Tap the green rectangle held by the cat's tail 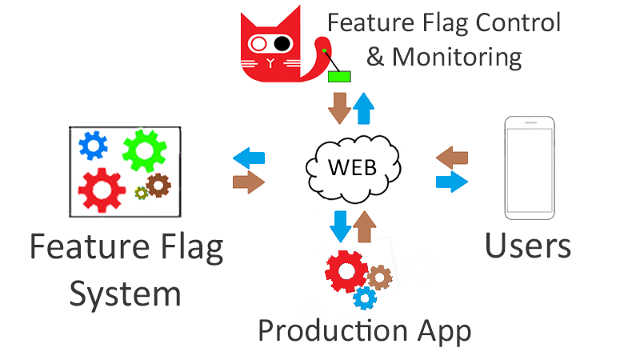pos(340,76)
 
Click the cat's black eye pos(282,42)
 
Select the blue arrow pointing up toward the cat pos(364,107)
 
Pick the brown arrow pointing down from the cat pos(340,108)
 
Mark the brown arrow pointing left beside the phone pos(452,157)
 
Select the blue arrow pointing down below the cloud pos(341,226)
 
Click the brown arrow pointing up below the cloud pos(364,226)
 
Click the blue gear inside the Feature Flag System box pos(94,145)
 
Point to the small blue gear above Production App pos(365,298)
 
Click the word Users pos(529,246)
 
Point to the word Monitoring pos(457,57)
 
